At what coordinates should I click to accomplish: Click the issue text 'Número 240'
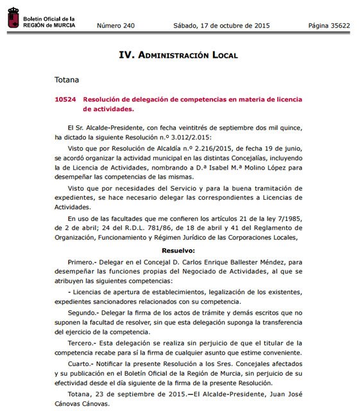point(116,26)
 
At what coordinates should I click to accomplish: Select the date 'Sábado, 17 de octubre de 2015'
point(221,26)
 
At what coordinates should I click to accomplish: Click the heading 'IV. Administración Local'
point(178,55)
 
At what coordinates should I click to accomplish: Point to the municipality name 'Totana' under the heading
point(67,80)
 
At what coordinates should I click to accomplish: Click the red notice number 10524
point(65,100)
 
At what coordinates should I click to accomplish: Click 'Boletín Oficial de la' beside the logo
point(49,19)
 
